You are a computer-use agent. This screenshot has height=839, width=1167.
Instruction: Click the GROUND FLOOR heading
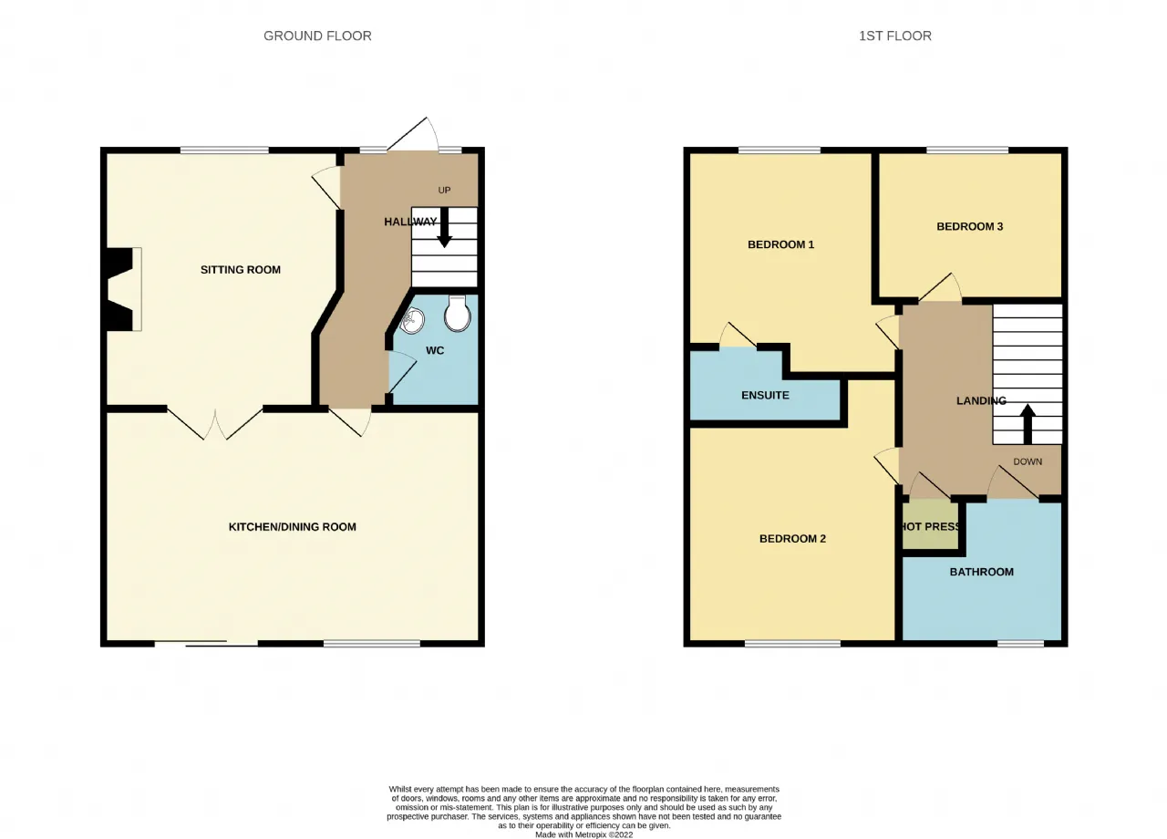pos(317,36)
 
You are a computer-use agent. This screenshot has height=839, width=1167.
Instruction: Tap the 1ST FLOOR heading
pos(895,36)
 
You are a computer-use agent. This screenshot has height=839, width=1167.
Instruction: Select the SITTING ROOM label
pos(241,270)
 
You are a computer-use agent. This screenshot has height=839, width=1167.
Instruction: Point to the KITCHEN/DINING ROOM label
pos(293,527)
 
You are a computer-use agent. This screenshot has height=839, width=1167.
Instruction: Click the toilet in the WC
pos(458,314)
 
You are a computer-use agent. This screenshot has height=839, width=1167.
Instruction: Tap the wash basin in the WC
pos(412,320)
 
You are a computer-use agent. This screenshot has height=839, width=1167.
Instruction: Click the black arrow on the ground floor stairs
pos(444,227)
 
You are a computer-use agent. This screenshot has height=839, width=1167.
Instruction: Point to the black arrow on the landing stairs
pos(1028,424)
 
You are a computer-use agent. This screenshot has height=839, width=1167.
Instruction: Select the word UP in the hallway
pos(444,191)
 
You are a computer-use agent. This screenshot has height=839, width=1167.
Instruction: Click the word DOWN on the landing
pos(1028,461)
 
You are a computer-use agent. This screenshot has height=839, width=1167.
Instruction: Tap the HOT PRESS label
pos(931,526)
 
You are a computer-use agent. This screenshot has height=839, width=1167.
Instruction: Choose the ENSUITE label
pos(765,395)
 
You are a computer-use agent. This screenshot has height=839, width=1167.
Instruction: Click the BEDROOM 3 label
pos(969,226)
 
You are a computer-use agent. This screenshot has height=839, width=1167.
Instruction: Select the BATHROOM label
pos(982,572)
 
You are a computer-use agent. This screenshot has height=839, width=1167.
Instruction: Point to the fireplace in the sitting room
pos(123,289)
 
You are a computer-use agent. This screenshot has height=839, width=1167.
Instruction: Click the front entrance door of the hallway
pos(413,134)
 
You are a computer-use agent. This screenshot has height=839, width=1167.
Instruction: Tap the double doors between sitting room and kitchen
pos(214,423)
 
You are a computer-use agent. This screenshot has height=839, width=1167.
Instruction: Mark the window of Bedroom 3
pos(967,150)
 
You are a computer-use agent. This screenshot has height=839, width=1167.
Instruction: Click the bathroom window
pos(1020,644)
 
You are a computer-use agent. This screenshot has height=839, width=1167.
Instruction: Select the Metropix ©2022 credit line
pos(584,834)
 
